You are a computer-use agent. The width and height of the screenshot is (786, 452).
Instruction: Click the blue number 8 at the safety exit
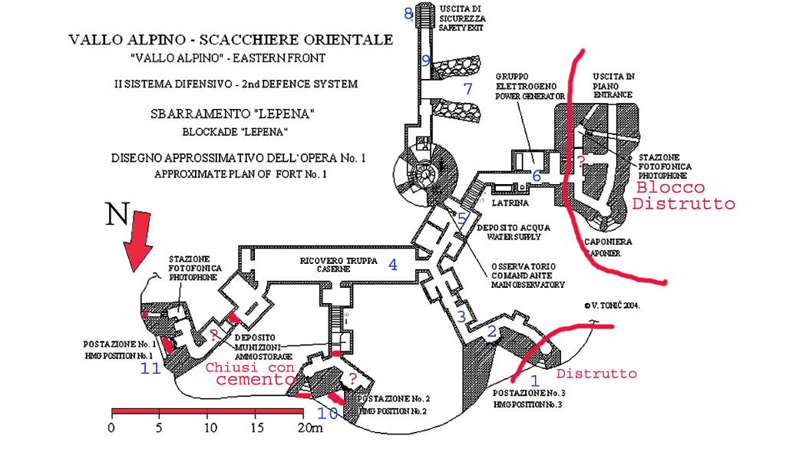(x=408, y=13)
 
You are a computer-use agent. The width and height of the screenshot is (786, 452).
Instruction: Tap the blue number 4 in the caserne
(x=393, y=266)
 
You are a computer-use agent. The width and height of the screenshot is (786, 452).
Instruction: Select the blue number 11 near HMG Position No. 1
(x=150, y=369)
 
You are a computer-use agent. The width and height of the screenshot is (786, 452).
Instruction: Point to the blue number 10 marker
(x=328, y=414)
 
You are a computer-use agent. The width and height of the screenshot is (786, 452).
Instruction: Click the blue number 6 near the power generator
(x=537, y=176)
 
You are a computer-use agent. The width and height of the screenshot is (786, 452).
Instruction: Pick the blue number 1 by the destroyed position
(x=536, y=379)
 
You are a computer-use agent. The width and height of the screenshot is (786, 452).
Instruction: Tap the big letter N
(x=117, y=214)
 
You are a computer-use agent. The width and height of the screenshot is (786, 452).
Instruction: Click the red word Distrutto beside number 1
(x=596, y=374)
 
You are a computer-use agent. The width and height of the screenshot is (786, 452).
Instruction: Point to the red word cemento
(x=237, y=382)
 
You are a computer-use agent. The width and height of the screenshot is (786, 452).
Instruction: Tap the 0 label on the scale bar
(x=112, y=427)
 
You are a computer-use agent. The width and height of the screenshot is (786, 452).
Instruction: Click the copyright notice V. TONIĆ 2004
(x=611, y=305)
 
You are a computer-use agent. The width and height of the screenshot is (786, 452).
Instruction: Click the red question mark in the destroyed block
(x=581, y=161)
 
